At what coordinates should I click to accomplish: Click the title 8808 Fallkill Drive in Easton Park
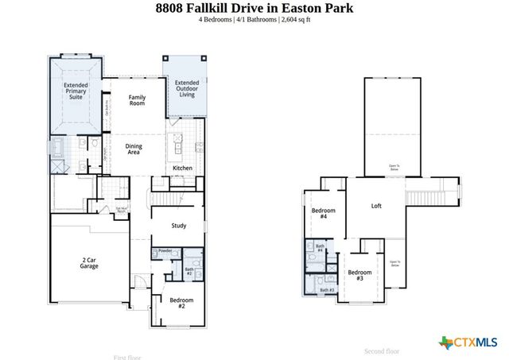(254, 8)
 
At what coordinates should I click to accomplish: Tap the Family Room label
(138, 100)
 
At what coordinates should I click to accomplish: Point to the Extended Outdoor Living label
(187, 88)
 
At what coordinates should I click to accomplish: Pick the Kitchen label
(182, 168)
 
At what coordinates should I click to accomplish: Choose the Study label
(179, 226)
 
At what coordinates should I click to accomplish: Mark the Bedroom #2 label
(181, 303)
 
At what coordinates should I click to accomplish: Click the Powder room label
(165, 251)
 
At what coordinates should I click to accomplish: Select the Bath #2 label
(189, 272)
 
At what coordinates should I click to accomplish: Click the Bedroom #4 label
(324, 214)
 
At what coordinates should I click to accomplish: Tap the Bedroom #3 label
(359, 276)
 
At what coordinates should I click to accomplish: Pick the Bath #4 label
(319, 250)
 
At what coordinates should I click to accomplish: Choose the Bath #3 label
(328, 290)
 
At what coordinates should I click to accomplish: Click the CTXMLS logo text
(475, 342)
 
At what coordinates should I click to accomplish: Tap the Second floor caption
(382, 351)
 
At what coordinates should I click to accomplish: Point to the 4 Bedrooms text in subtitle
(216, 19)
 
